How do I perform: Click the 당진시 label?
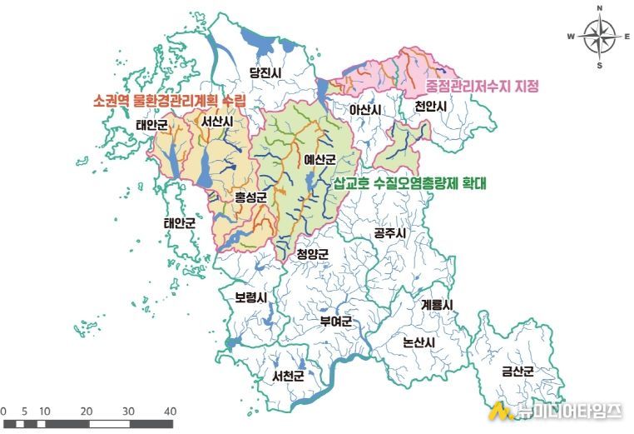point(266,73)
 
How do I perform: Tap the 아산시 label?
point(365,110)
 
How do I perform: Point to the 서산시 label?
point(216,122)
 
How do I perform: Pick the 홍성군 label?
point(250,197)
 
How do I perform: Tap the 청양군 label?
point(313,254)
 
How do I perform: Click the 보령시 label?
point(250,297)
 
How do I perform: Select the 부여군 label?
point(336,321)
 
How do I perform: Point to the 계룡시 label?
point(437,305)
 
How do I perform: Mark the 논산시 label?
point(418,342)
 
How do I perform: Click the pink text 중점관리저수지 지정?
point(483,86)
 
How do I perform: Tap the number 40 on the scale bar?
point(170,412)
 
